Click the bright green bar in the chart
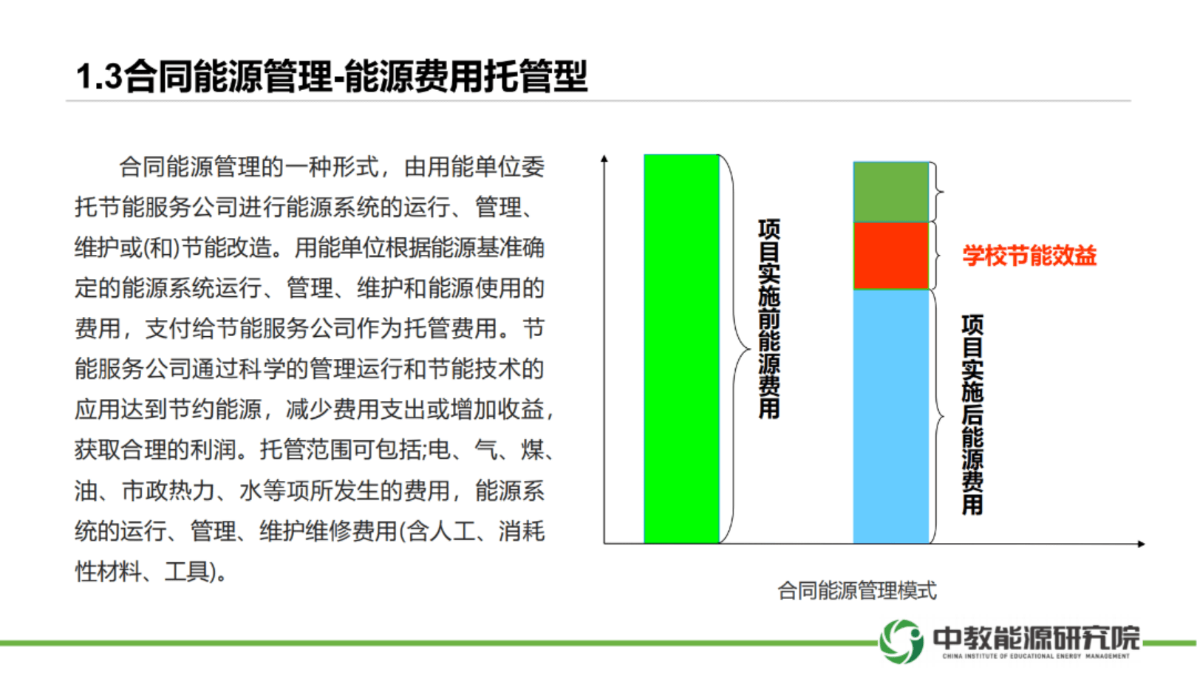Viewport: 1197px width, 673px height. (681, 349)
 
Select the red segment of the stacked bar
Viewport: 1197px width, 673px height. (891, 256)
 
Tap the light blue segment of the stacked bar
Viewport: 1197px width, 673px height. (891, 417)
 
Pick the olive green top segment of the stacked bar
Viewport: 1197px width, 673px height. (891, 192)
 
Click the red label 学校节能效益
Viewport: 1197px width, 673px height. (1029, 256)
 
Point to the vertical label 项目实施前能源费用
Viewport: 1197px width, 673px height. (769, 319)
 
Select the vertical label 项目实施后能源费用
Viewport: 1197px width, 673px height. (972, 414)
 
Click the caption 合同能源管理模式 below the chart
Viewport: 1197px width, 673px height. (857, 591)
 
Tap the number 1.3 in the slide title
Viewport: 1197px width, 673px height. (100, 76)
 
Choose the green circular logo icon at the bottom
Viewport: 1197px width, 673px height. (901, 641)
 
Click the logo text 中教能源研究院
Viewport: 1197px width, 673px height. (1036, 638)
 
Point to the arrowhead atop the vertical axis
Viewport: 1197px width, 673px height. (604, 159)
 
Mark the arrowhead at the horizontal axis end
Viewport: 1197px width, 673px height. (1142, 544)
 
